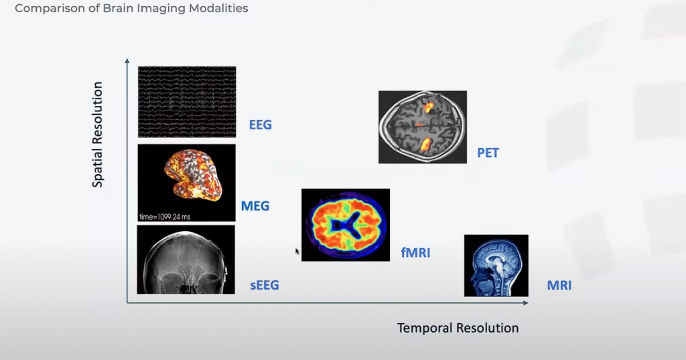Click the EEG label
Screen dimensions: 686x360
coord(261,125)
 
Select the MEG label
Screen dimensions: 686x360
coord(255,206)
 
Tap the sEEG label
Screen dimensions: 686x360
coord(265,286)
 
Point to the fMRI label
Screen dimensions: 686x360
coord(415,253)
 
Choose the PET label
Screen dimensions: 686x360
coord(488,153)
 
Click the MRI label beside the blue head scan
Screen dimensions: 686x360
coord(559,286)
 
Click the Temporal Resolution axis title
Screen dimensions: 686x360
coord(458,328)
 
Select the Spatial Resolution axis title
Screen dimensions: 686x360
coord(98,135)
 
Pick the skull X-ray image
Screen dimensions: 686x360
coord(186,259)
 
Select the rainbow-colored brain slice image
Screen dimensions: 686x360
coord(345,225)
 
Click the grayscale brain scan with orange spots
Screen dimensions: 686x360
coord(422,127)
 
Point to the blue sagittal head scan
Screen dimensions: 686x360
coord(496,265)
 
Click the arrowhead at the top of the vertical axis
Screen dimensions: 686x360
coord(127,62)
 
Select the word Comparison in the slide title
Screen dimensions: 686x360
coord(44,9)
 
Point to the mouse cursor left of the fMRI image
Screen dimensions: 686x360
coord(297,251)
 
